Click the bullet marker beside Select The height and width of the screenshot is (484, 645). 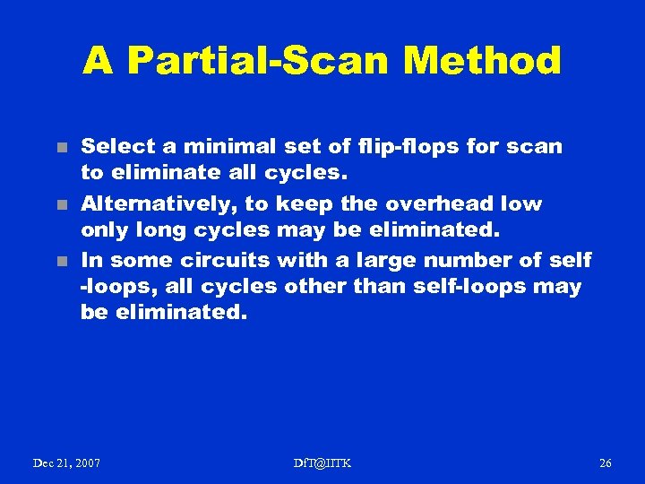point(61,147)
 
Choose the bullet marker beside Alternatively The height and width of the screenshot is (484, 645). point(61,204)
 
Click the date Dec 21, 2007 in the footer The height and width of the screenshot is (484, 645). point(66,462)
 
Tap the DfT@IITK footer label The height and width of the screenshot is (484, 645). point(322,462)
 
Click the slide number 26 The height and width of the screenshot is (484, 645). point(605,462)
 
